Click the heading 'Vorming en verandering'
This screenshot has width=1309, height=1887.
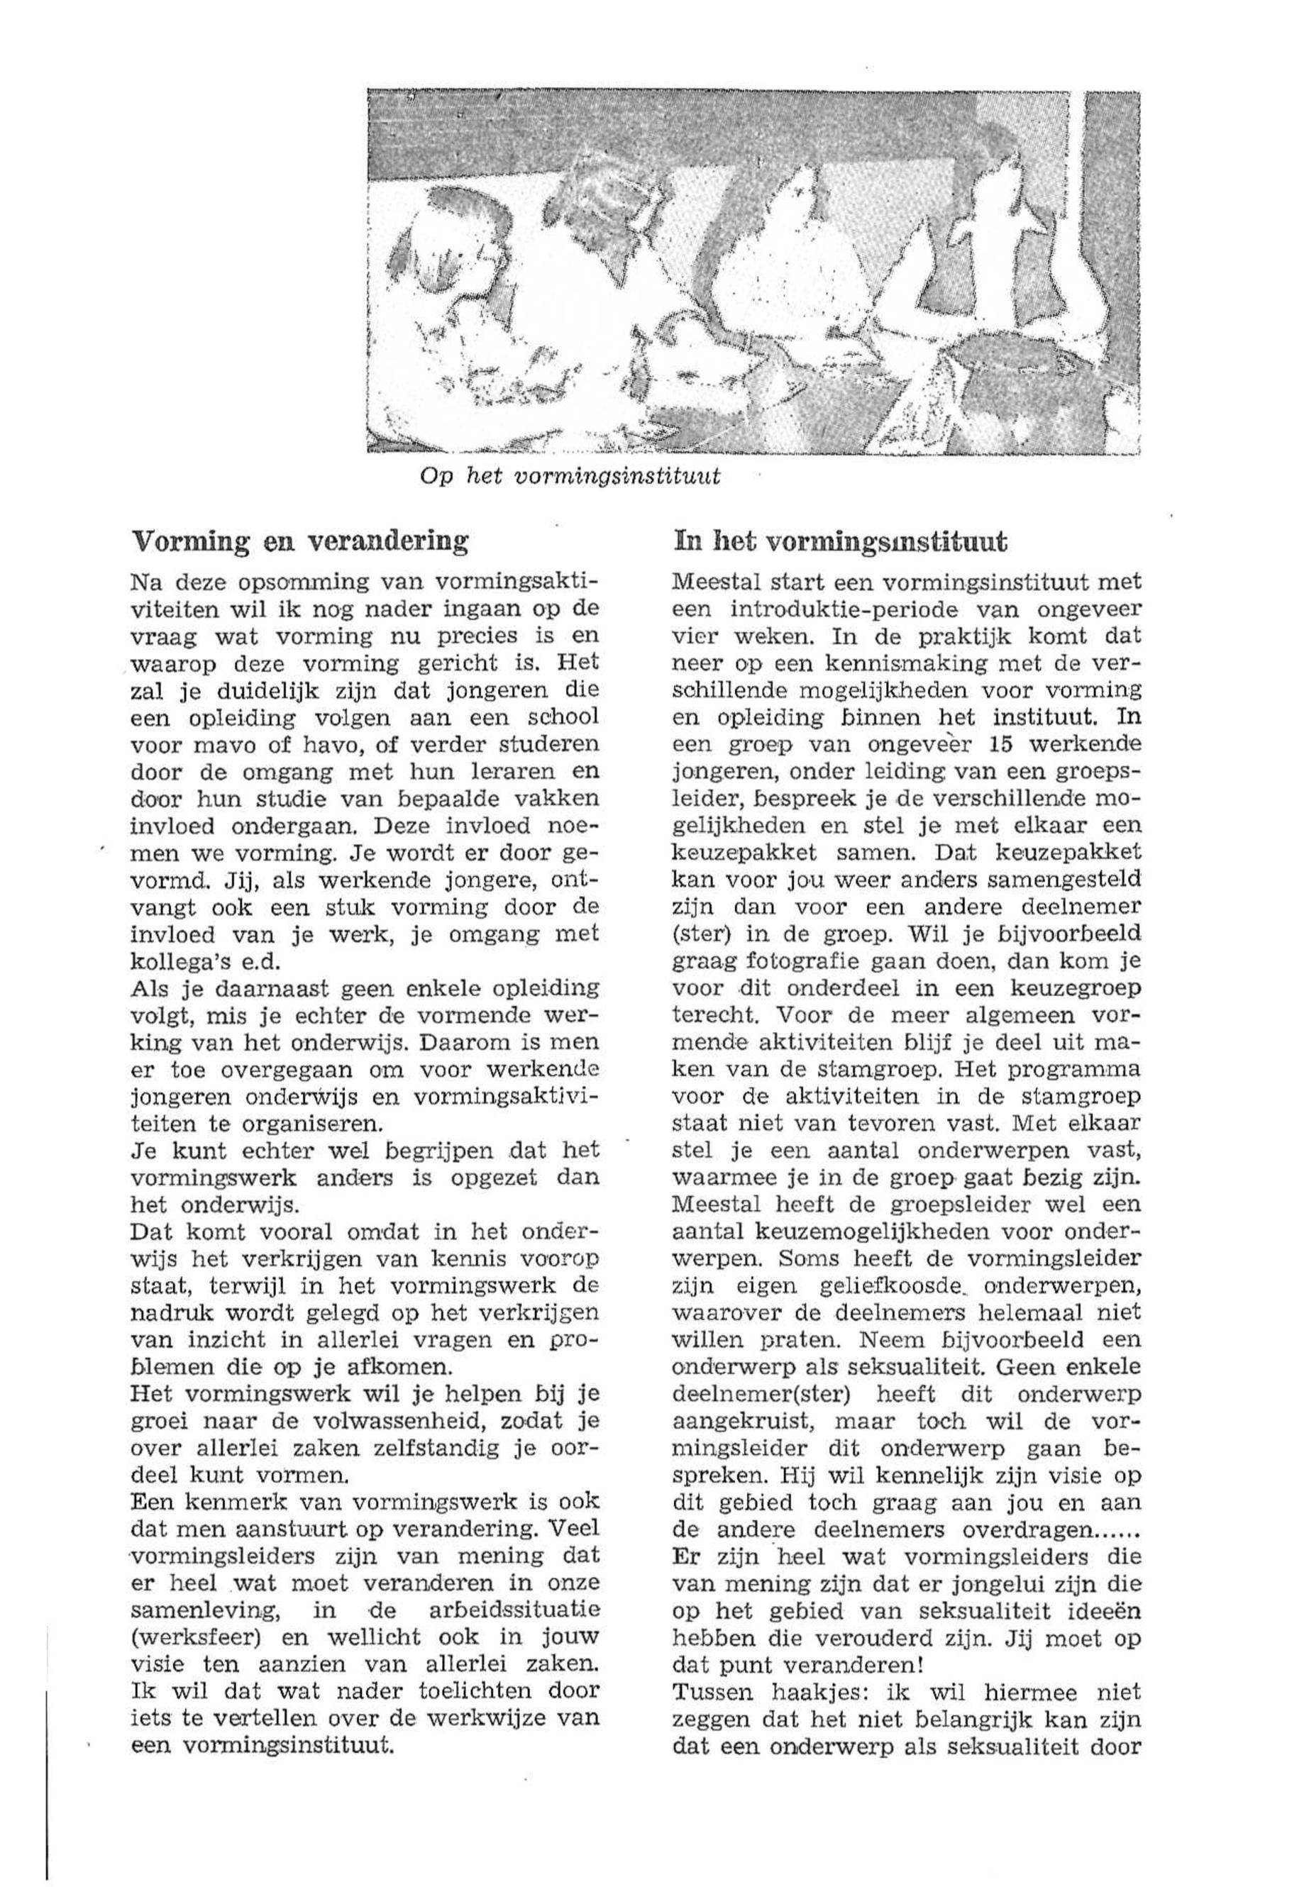299,542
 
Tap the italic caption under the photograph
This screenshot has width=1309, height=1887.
570,477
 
